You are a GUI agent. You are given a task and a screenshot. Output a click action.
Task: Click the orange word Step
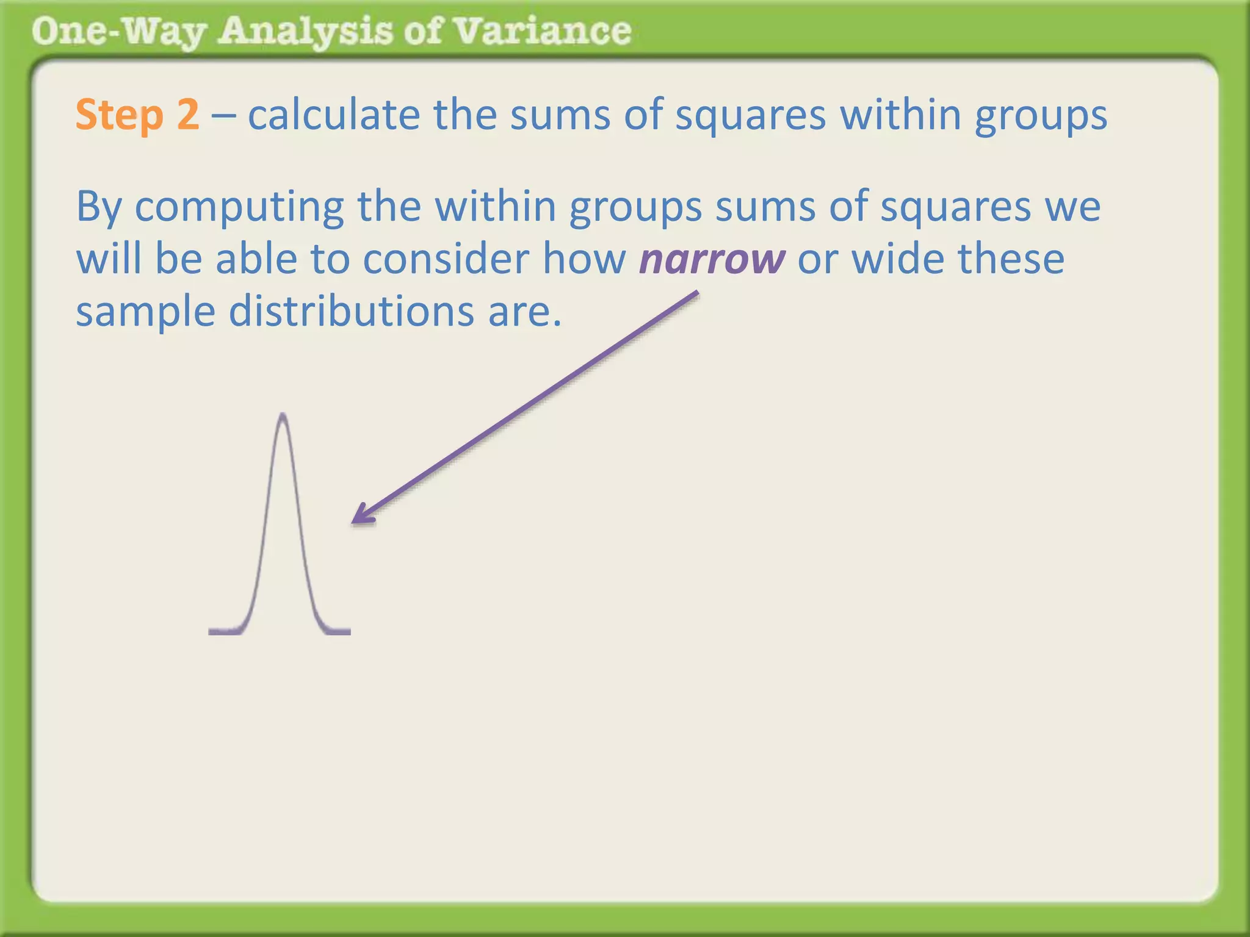click(x=120, y=115)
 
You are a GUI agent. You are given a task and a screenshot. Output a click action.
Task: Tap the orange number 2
click(x=187, y=114)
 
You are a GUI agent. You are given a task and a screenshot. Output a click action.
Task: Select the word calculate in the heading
click(x=334, y=114)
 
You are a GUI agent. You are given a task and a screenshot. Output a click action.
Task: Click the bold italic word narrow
click(x=712, y=259)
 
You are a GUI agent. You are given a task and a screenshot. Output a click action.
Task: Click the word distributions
click(x=351, y=311)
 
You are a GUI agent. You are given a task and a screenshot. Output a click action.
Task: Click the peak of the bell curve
click(x=283, y=417)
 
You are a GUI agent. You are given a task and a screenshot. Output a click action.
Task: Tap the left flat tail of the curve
click(x=226, y=631)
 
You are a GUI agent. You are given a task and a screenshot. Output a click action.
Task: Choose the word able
click(x=256, y=259)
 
